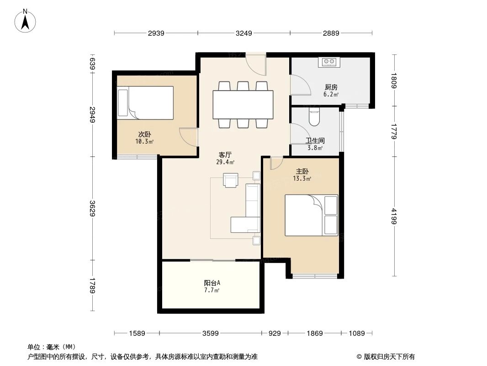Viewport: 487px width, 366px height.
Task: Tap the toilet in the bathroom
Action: coord(314,117)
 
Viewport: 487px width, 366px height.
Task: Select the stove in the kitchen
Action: coord(329,62)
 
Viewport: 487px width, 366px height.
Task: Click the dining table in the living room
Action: coord(243,104)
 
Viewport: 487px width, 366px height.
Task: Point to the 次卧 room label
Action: coord(144,135)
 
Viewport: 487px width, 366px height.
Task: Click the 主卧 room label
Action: coord(302,172)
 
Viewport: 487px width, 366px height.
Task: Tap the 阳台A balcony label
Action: coord(212,283)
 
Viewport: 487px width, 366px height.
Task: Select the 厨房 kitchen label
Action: coord(331,87)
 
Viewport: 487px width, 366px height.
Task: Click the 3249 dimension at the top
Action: coord(244,33)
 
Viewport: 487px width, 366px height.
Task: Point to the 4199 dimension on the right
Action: coord(394,216)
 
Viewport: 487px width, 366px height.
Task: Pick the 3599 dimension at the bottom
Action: coord(210,334)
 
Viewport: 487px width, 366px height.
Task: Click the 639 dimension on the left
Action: coord(92,64)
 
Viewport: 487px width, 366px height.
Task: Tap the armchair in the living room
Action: coord(230,180)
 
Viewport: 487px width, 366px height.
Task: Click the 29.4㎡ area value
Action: coord(225,162)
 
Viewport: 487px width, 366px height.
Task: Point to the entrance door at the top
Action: coord(256,64)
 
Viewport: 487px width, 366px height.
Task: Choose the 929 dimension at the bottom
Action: coord(275,334)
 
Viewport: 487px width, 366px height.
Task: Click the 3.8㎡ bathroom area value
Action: coord(315,148)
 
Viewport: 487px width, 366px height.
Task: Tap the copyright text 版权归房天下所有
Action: coord(389,357)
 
